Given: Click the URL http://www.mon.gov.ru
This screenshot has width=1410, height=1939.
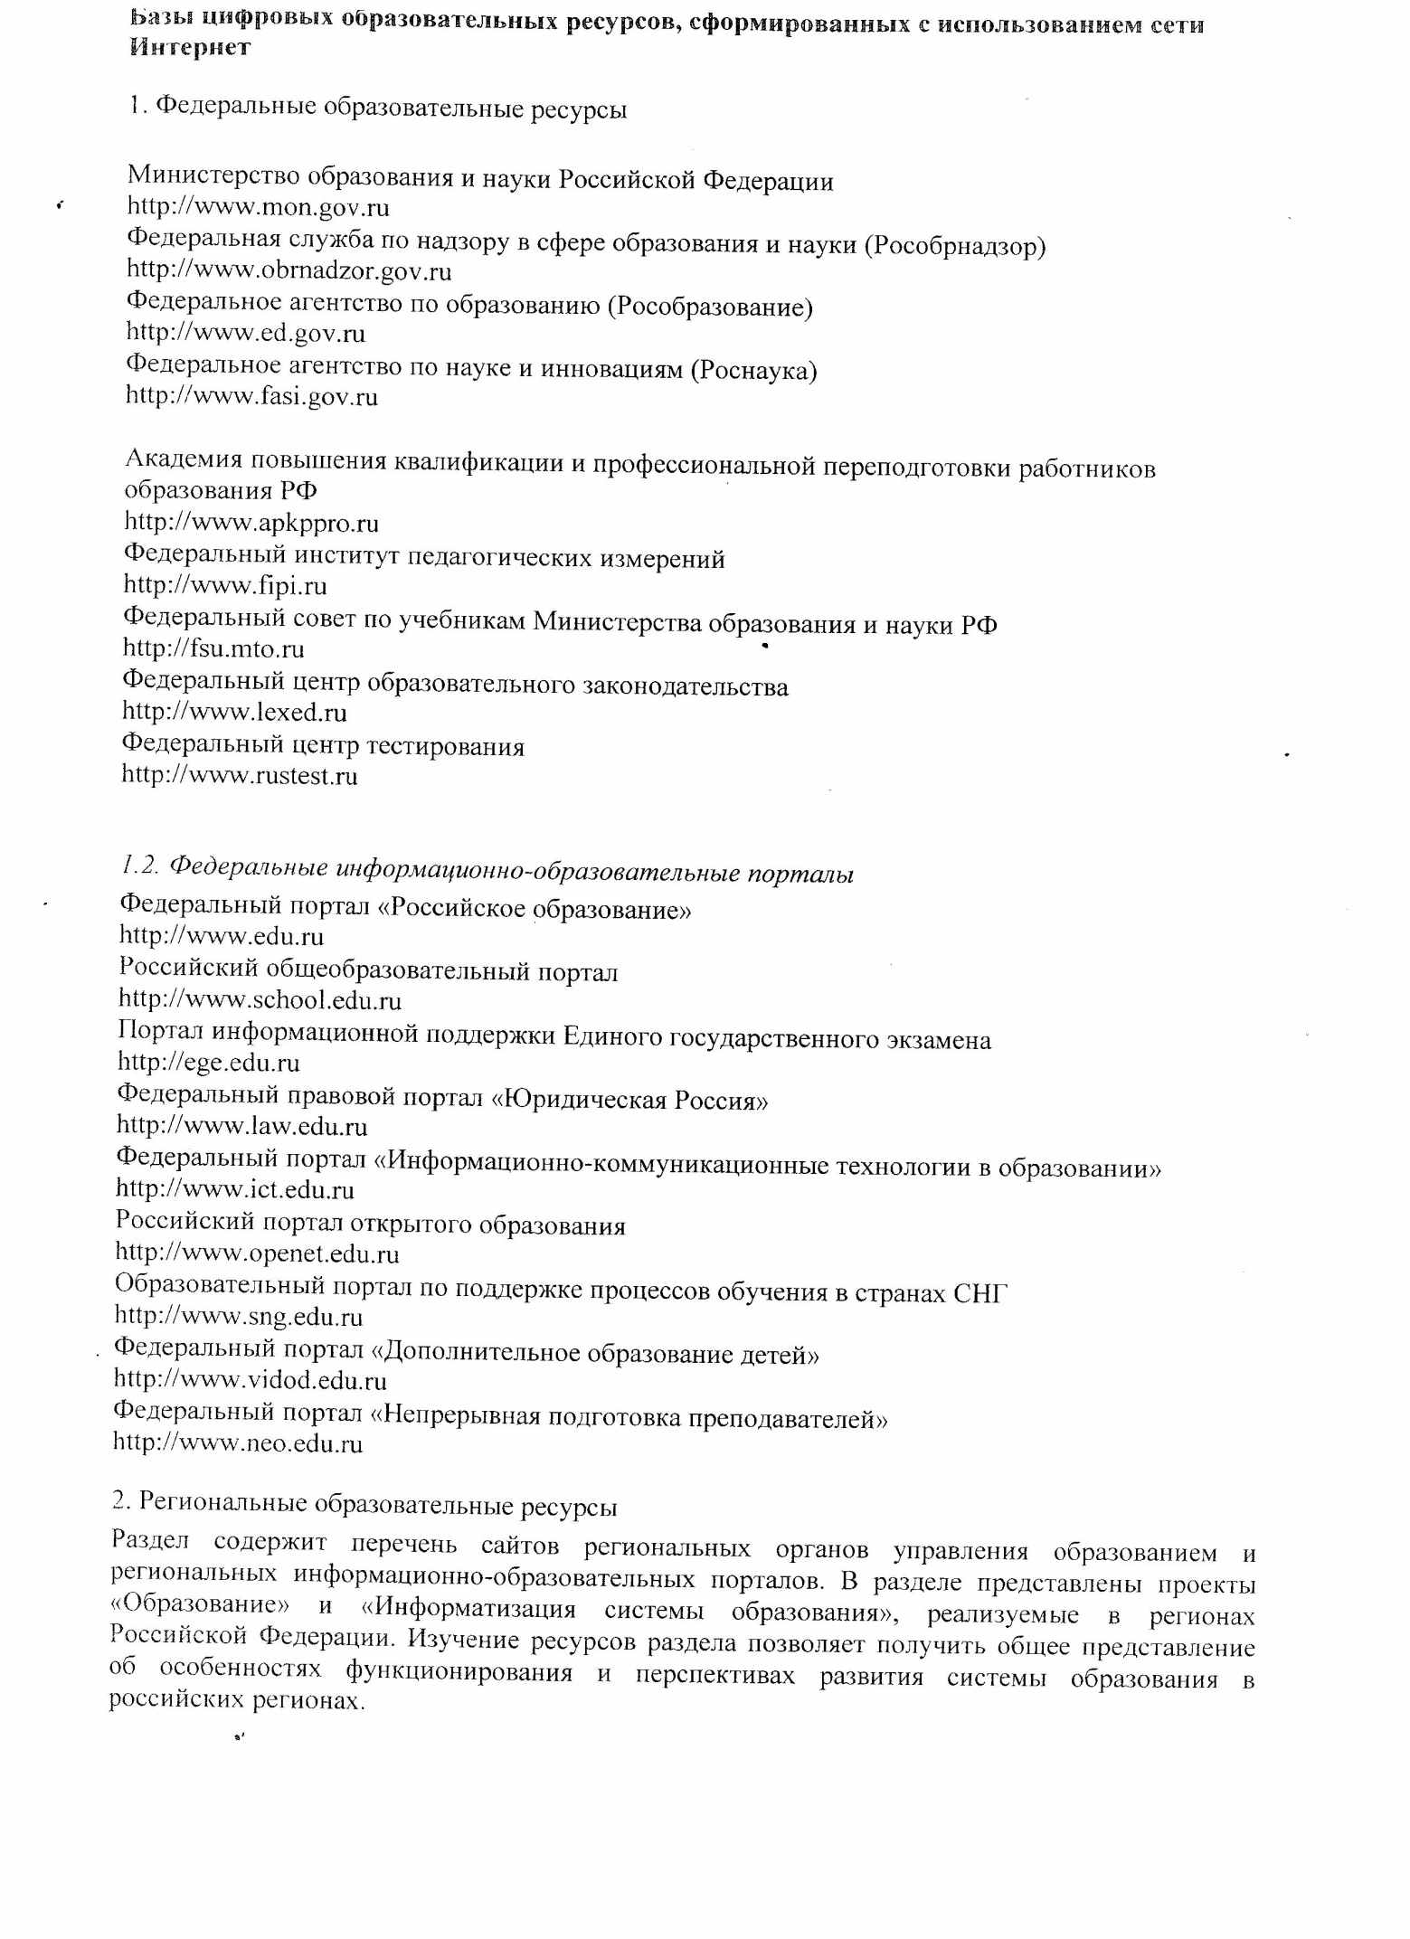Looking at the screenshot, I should [x=258, y=208].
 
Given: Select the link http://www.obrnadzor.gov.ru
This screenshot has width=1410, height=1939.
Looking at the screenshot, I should [x=289, y=270].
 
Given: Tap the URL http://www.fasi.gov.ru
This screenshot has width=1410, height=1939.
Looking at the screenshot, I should [x=251, y=396].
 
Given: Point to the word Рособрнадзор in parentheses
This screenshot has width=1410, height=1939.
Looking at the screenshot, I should [x=955, y=246].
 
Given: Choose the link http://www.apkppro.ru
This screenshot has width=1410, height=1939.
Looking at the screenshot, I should [x=251, y=523].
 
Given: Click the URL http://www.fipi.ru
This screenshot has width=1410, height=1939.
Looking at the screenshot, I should [x=225, y=586].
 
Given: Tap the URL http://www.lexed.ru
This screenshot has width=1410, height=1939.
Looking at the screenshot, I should [x=234, y=712].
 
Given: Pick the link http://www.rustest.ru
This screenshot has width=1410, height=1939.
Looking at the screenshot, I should [x=240, y=775].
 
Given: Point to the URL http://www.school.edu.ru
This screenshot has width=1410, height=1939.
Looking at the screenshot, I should [x=260, y=999].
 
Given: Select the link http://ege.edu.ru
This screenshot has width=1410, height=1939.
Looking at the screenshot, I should [x=209, y=1062].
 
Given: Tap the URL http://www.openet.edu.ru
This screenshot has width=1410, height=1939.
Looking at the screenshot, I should [x=258, y=1253].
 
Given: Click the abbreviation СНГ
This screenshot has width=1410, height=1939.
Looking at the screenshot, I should [x=980, y=1292].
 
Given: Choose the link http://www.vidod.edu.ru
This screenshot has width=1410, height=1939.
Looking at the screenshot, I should [x=251, y=1380].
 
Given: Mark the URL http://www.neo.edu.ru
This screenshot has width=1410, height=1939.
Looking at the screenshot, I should [x=238, y=1443].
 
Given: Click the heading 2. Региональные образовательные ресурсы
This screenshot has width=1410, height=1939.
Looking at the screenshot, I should [x=364, y=1506].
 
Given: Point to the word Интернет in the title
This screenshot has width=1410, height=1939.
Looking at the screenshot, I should [x=190, y=48].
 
